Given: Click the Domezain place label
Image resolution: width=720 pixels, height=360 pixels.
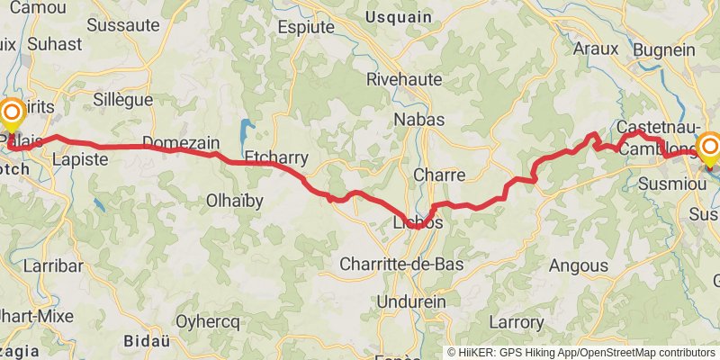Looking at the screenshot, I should [x=181, y=142].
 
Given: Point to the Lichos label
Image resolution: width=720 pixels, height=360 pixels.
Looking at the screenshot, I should [x=418, y=222].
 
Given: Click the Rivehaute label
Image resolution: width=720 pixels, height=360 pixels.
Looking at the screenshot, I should [x=404, y=79].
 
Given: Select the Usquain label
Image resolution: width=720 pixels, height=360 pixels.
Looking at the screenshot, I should [x=404, y=17].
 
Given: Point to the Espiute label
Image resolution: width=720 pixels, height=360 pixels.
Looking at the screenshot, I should [x=307, y=27].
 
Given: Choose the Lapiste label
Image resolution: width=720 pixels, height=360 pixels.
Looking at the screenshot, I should [x=80, y=159].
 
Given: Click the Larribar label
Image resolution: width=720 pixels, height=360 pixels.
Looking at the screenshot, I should [x=53, y=266].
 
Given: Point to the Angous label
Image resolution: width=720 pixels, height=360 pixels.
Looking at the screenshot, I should [x=578, y=265].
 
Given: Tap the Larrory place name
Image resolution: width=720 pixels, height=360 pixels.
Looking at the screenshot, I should [x=517, y=321].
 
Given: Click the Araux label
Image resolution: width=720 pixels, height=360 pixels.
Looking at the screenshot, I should [x=596, y=49].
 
